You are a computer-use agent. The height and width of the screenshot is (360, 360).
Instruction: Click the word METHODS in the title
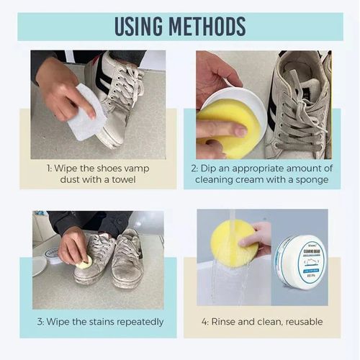210,25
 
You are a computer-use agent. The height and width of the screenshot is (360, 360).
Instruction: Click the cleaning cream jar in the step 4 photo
301,258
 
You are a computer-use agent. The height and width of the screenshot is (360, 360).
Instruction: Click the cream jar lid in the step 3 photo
52,253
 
